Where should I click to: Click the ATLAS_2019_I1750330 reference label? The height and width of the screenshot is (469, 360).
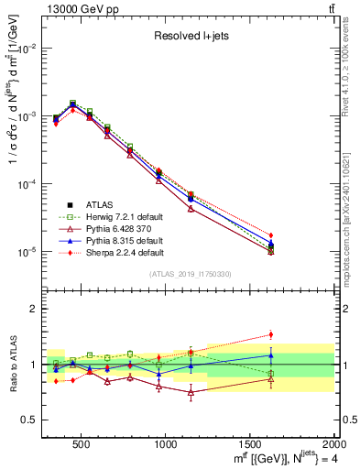coord(190,274)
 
